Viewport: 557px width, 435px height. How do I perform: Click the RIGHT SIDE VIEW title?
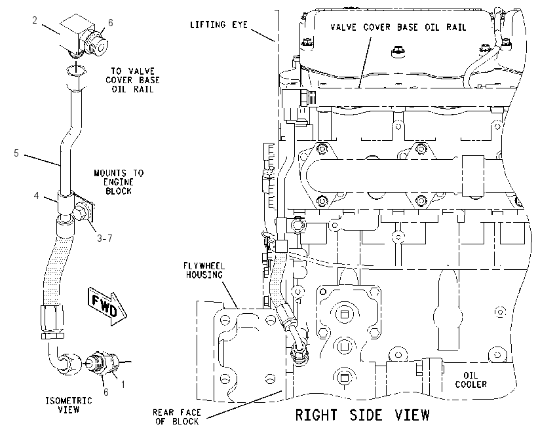[x=362, y=415]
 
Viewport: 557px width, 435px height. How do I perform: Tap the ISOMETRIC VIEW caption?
[x=69, y=405]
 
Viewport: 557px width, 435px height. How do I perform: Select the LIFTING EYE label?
[x=218, y=24]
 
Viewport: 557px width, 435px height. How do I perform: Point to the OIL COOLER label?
[x=471, y=380]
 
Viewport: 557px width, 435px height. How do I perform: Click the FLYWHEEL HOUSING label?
[x=204, y=270]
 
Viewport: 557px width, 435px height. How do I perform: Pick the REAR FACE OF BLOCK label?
[x=176, y=417]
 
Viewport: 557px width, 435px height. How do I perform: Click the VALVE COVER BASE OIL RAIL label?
[x=398, y=28]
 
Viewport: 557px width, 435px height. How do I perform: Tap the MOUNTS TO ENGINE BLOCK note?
[x=119, y=182]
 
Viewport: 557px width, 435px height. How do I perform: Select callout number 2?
[x=35, y=20]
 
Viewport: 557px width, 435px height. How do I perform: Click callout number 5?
[x=16, y=153]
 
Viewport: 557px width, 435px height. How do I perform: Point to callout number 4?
[x=36, y=196]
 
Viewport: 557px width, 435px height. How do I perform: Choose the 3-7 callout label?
[x=105, y=238]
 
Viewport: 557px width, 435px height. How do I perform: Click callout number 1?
[x=123, y=384]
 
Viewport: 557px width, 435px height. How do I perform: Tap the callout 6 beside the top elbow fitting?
[x=111, y=23]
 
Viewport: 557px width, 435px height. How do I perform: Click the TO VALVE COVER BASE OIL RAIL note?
[x=132, y=80]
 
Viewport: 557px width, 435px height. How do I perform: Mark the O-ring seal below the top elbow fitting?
[x=75, y=70]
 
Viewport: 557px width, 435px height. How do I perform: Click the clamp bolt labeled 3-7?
[x=80, y=214]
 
